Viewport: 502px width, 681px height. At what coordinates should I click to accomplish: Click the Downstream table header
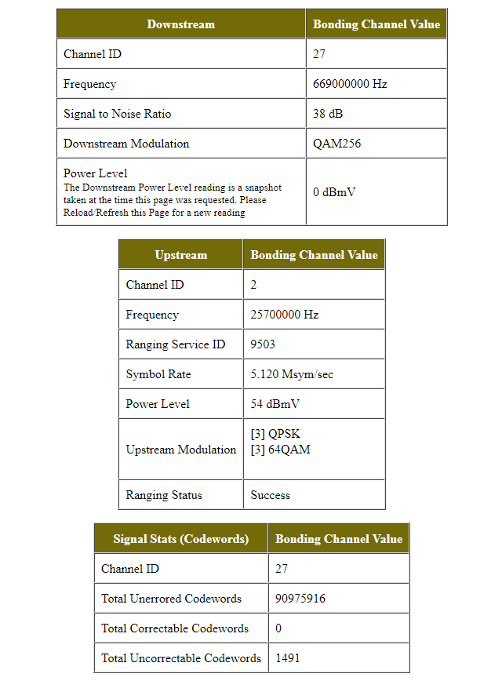(x=180, y=24)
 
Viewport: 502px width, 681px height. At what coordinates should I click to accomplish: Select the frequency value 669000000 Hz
(x=350, y=84)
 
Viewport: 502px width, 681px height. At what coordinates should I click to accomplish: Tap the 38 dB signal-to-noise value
(x=328, y=114)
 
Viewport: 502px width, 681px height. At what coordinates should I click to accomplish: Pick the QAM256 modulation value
(x=336, y=144)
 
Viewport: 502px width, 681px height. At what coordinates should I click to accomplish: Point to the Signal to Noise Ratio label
(x=117, y=114)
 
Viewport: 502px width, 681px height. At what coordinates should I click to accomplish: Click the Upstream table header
(x=181, y=255)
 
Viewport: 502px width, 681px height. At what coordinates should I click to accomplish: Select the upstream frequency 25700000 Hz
(x=285, y=315)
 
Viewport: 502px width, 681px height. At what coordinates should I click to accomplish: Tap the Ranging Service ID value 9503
(x=263, y=344)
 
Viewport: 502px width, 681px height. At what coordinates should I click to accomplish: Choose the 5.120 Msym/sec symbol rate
(x=292, y=374)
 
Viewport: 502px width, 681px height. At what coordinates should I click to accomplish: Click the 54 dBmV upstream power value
(x=275, y=404)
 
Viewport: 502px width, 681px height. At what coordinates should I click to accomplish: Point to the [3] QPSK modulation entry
(x=275, y=434)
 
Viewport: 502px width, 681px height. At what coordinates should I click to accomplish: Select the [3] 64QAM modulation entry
(x=280, y=450)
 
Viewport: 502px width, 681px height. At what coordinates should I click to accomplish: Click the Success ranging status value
(x=271, y=495)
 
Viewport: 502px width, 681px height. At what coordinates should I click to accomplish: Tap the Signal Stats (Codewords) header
(x=181, y=539)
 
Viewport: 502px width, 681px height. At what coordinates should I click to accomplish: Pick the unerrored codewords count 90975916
(x=300, y=599)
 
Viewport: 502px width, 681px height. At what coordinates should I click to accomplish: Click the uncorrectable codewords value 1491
(x=287, y=658)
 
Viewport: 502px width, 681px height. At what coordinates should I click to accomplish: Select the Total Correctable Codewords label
(x=175, y=628)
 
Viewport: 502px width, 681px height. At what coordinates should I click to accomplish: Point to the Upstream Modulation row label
(x=180, y=450)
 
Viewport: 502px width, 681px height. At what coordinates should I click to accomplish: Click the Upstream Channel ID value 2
(x=254, y=285)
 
